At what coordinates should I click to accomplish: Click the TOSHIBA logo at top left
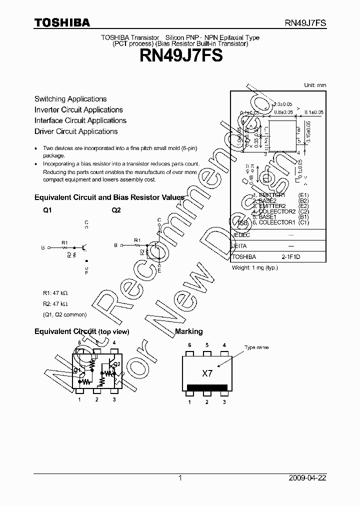62,22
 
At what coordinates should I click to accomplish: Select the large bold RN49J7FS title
180,56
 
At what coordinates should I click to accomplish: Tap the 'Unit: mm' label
315,85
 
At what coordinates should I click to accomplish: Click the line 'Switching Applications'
70,99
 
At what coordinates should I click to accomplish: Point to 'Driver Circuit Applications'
76,131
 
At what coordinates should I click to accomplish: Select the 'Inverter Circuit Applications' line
78,110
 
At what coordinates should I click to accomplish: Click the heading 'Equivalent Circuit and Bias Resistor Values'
109,197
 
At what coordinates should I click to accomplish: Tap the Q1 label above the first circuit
47,210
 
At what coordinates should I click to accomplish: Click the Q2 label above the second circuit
116,210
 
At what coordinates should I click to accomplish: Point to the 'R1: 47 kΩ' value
55,293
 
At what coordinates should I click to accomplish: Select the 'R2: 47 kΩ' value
55,304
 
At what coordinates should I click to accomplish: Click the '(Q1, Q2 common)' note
64,314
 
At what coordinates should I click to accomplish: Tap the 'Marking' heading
188,331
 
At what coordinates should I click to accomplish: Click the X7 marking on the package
207,373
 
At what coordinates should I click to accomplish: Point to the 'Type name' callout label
256,347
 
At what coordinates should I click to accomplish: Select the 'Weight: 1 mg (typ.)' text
254,267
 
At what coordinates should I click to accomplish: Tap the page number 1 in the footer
180,478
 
